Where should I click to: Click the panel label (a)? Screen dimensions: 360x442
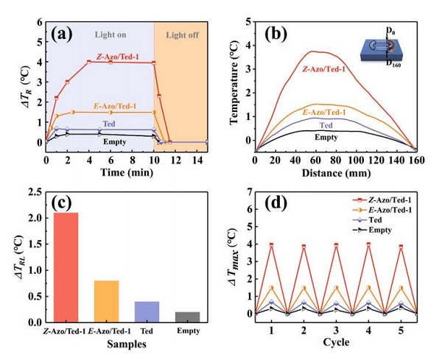(x=63, y=32)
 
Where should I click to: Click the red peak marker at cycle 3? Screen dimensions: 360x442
(x=336, y=245)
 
